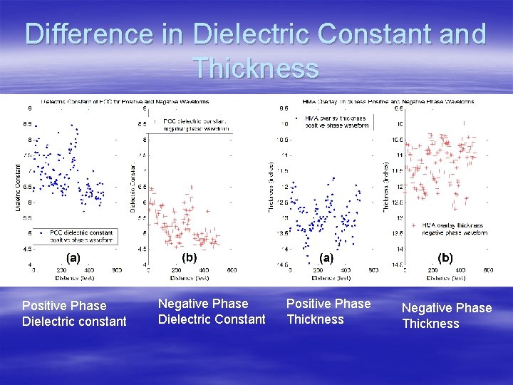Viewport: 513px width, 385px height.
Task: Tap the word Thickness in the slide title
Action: (256, 68)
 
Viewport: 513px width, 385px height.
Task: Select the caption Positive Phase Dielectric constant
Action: (74, 314)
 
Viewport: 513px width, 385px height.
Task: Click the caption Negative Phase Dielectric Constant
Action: (212, 312)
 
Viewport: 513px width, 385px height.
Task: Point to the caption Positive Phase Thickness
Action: (328, 312)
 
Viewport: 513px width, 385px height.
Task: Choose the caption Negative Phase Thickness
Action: (447, 316)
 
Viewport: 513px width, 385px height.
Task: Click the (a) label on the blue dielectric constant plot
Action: (73, 257)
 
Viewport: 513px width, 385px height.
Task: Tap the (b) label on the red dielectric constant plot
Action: (190, 257)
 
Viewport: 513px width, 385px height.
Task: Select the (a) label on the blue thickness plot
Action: (326, 257)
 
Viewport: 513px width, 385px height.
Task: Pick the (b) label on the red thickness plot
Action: (445, 257)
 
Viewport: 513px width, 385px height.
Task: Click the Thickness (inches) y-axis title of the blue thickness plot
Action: (271, 186)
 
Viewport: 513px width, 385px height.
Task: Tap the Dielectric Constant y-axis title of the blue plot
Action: (19, 186)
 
